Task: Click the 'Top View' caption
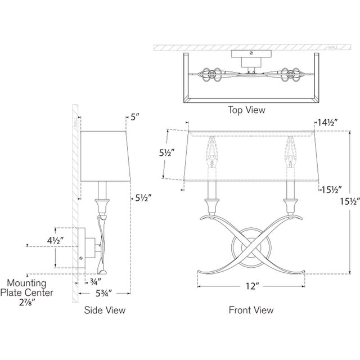(x=246, y=110)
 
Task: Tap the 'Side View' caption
(x=105, y=310)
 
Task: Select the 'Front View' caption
(x=251, y=310)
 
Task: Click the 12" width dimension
(x=253, y=286)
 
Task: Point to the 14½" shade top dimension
(x=327, y=123)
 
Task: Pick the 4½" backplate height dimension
(x=55, y=241)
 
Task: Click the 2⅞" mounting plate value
(x=27, y=303)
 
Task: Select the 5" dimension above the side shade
(x=135, y=118)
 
